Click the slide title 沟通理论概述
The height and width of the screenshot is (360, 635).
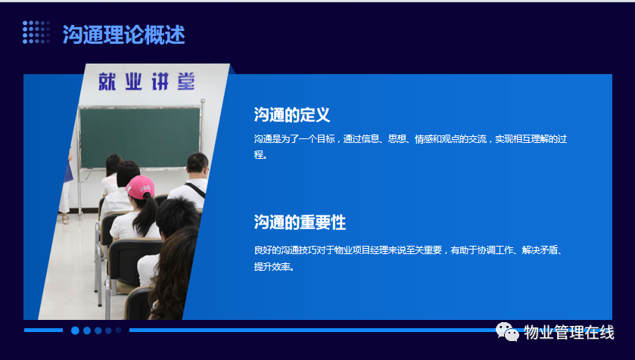[x=124, y=34]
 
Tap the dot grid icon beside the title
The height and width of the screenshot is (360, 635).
[x=36, y=32]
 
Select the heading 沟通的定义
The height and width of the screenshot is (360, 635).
[x=292, y=115]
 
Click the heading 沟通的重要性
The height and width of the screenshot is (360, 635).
[x=300, y=222]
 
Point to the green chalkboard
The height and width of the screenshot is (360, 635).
[x=140, y=138]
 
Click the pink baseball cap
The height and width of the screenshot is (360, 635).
[x=140, y=187]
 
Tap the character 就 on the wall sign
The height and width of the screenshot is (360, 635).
[x=107, y=82]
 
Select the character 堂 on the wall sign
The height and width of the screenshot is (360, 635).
[x=186, y=82]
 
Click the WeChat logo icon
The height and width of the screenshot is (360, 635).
[x=507, y=332]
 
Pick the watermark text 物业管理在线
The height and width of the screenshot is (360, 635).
[x=569, y=333]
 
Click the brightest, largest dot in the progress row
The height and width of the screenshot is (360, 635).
[x=75, y=331]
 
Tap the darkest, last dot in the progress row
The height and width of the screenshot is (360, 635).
[x=118, y=330]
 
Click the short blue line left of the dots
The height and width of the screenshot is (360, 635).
[x=43, y=330]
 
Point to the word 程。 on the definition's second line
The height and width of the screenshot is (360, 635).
[x=261, y=154]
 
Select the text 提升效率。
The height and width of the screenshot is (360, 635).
[x=274, y=266]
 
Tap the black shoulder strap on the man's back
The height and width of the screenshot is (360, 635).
[x=195, y=190]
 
